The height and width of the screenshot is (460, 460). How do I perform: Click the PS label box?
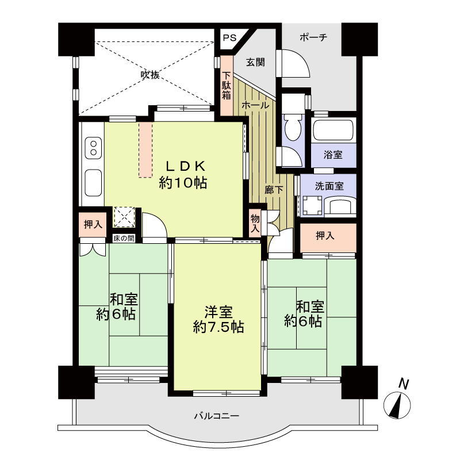click(x=229, y=39)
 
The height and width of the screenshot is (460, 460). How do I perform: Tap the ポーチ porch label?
click(x=313, y=37)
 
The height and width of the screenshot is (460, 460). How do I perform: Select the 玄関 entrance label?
click(x=255, y=63)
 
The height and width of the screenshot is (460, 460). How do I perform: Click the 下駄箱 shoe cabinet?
click(x=227, y=86)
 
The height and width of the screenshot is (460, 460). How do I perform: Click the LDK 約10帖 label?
click(x=183, y=175)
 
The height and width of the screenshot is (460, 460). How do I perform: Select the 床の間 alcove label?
click(x=123, y=238)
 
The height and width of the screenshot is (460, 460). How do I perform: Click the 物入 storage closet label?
click(x=255, y=221)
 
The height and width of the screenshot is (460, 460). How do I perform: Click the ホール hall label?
click(x=255, y=106)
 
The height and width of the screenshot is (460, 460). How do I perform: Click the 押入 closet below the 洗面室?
click(x=327, y=236)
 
